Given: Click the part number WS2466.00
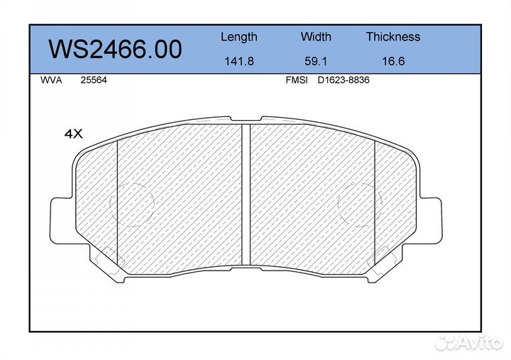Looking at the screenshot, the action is (x=115, y=49).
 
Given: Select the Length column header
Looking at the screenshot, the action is (x=239, y=37).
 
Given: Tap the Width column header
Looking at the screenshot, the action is (x=316, y=36).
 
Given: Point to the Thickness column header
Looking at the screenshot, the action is (x=393, y=36).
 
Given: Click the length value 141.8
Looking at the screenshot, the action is (x=239, y=61).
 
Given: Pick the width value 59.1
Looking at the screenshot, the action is (x=316, y=61).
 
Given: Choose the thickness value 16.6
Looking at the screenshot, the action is (x=393, y=61).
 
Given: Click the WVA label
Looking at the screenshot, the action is (x=51, y=80).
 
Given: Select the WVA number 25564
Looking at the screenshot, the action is (x=94, y=80).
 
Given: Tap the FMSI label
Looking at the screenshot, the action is (x=297, y=80).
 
